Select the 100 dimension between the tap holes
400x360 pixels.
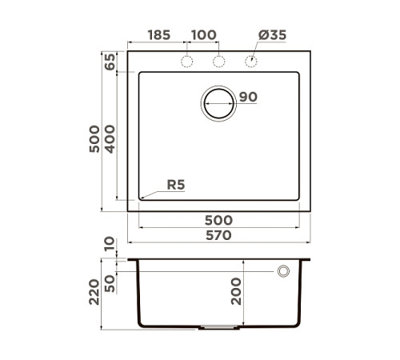pyautogui.click(x=204, y=35)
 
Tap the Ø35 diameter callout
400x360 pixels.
pyautogui.click(x=273, y=35)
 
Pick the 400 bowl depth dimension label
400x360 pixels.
pyautogui.click(x=110, y=141)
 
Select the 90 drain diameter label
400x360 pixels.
pyautogui.click(x=247, y=98)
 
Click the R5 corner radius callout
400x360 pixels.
pyautogui.click(x=176, y=185)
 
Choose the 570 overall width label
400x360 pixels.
pyautogui.click(x=218, y=235)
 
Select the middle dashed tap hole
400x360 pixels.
pyautogui.click(x=218, y=62)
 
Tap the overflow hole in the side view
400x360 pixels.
pyautogui.click(x=283, y=272)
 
